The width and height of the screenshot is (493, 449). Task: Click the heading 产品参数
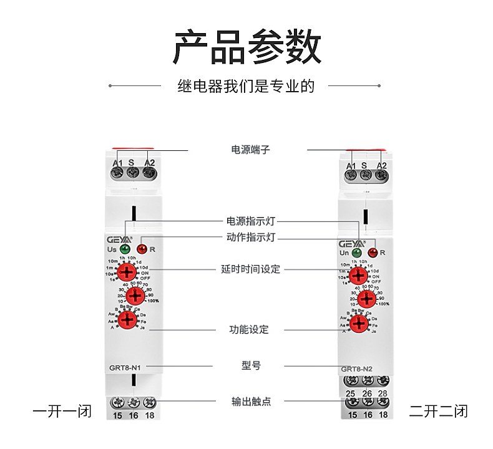(x=246, y=47)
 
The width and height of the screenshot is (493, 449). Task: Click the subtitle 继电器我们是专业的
(x=246, y=86)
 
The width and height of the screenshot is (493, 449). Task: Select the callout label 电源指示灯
(x=250, y=221)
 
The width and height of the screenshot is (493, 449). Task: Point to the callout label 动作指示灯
(x=250, y=238)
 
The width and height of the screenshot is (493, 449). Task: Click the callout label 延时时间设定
(x=250, y=269)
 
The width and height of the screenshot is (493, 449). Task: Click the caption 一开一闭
(x=62, y=412)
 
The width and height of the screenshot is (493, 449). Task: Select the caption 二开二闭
(x=438, y=412)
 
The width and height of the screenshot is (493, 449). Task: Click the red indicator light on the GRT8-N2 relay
(x=373, y=253)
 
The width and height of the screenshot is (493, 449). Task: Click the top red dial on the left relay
(x=127, y=271)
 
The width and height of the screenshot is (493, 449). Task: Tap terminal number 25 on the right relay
(x=351, y=393)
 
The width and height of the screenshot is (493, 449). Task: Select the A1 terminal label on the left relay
(x=117, y=163)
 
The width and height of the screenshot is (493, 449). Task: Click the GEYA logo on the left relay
(x=119, y=238)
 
